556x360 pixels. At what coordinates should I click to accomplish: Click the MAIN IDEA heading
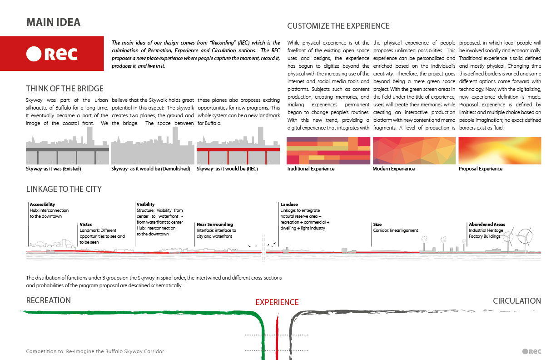click(53, 22)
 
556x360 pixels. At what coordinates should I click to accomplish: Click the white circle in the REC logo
click(34, 54)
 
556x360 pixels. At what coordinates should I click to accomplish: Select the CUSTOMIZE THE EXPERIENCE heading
click(338, 26)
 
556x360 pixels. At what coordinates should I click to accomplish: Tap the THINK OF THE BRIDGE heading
click(65, 89)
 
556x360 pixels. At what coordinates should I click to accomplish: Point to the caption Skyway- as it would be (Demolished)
click(150, 169)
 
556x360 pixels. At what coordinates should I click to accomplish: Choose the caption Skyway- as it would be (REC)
click(228, 169)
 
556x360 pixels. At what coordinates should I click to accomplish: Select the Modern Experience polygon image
click(414, 150)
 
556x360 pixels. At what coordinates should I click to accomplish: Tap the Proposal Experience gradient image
click(500, 150)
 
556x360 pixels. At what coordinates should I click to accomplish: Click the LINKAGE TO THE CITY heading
click(64, 189)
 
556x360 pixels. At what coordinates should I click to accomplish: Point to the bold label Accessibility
click(42, 205)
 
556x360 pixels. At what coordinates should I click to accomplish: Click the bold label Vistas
click(86, 225)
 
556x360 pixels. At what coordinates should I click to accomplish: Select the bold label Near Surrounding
click(214, 225)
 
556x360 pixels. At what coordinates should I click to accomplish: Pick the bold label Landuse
click(289, 205)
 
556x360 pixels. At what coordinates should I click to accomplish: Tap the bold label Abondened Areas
click(487, 225)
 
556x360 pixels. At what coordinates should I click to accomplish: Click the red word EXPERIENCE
click(277, 302)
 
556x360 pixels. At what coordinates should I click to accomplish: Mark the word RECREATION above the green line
click(49, 300)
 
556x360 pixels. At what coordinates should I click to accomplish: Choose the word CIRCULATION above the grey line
click(517, 301)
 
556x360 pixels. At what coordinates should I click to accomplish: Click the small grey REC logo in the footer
click(531, 351)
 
